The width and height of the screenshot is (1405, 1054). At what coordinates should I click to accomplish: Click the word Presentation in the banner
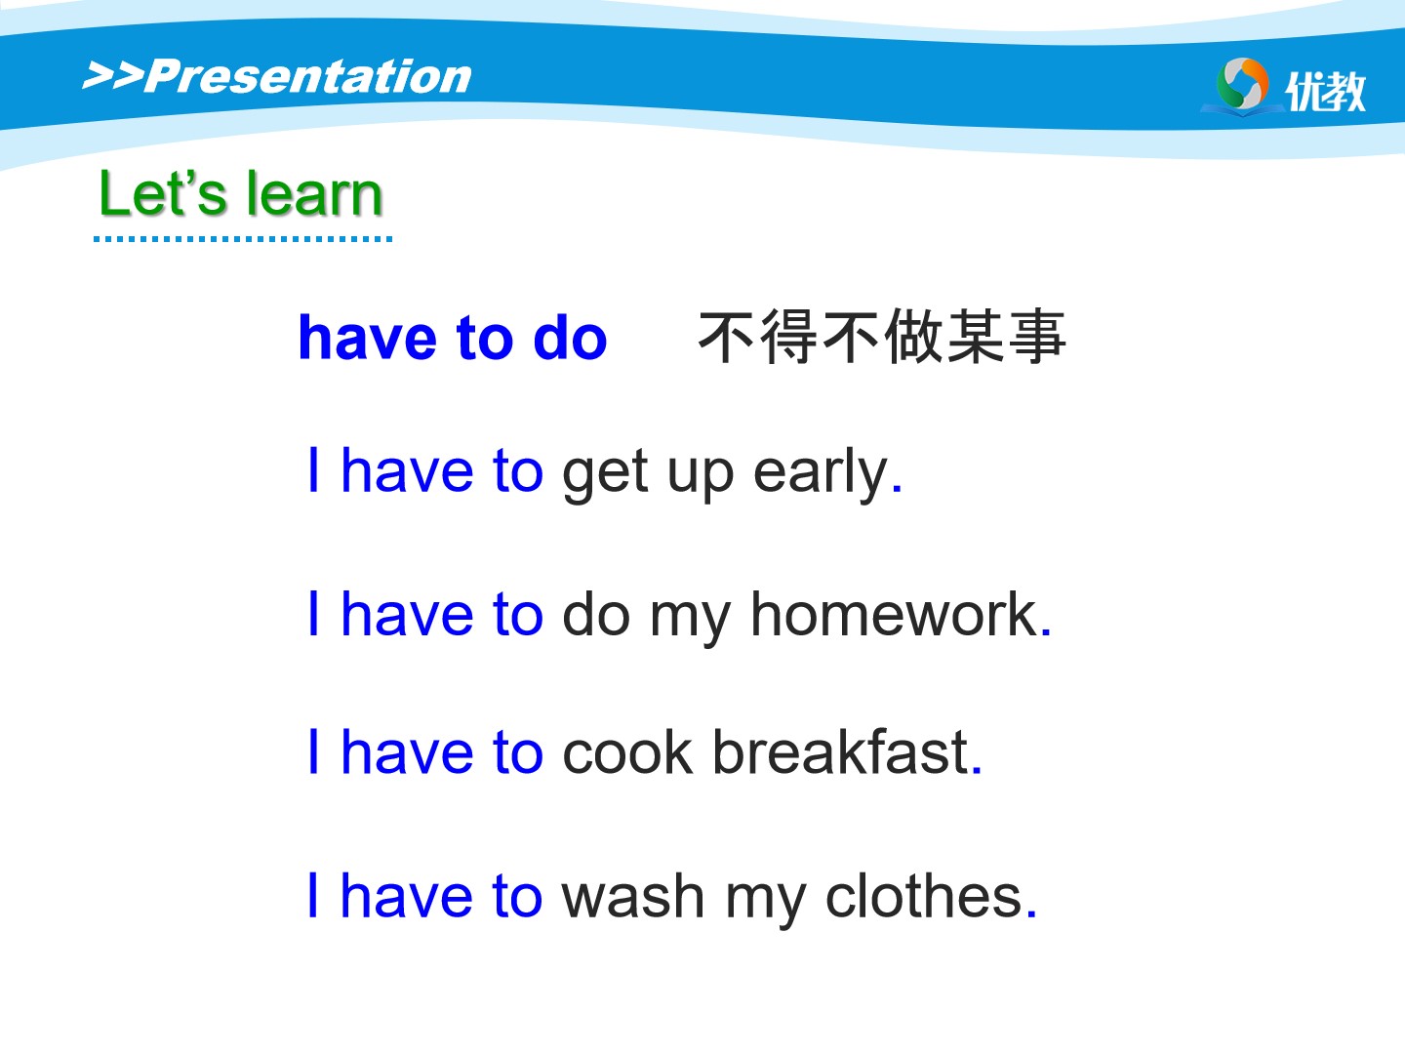(x=308, y=77)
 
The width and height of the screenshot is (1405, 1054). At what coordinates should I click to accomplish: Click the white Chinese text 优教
(x=1325, y=91)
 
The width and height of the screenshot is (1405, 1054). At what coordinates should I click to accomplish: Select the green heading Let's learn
(x=241, y=194)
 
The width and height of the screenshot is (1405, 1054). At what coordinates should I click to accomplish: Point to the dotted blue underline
(x=243, y=239)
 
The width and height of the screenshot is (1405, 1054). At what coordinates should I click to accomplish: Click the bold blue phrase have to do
(x=453, y=338)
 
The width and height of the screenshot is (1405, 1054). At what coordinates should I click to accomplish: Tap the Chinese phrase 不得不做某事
(x=882, y=337)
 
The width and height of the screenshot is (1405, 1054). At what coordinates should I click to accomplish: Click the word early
(x=821, y=474)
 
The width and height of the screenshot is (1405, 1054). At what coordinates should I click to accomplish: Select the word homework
(x=894, y=615)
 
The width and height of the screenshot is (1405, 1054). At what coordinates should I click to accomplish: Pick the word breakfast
(x=840, y=751)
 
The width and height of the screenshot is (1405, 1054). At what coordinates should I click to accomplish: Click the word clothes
(x=924, y=896)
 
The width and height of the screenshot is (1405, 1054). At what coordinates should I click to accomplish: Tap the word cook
(x=627, y=751)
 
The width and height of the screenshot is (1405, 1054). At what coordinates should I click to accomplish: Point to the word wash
(x=633, y=896)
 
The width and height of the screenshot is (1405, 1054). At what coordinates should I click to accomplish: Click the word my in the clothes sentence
(x=765, y=903)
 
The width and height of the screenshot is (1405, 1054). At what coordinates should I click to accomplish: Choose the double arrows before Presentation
(x=112, y=75)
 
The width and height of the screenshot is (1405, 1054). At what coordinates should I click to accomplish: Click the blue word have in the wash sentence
(x=407, y=896)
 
